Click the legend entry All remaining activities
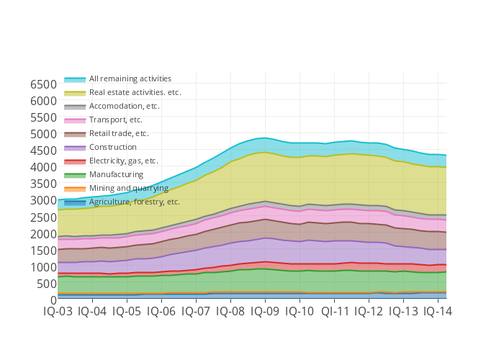(130, 78)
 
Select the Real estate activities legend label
(135, 92)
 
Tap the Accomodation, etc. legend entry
(124, 106)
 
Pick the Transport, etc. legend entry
(115, 120)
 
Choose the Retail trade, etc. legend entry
(119, 133)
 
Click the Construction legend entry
(112, 147)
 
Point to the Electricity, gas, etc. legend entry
(123, 161)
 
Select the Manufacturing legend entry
(116, 174)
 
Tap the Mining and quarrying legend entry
(128, 188)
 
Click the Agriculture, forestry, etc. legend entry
(134, 202)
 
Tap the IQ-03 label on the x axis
(58, 312)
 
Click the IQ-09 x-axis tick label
(266, 312)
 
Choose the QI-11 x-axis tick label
(335, 312)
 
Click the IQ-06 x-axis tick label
(161, 312)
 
